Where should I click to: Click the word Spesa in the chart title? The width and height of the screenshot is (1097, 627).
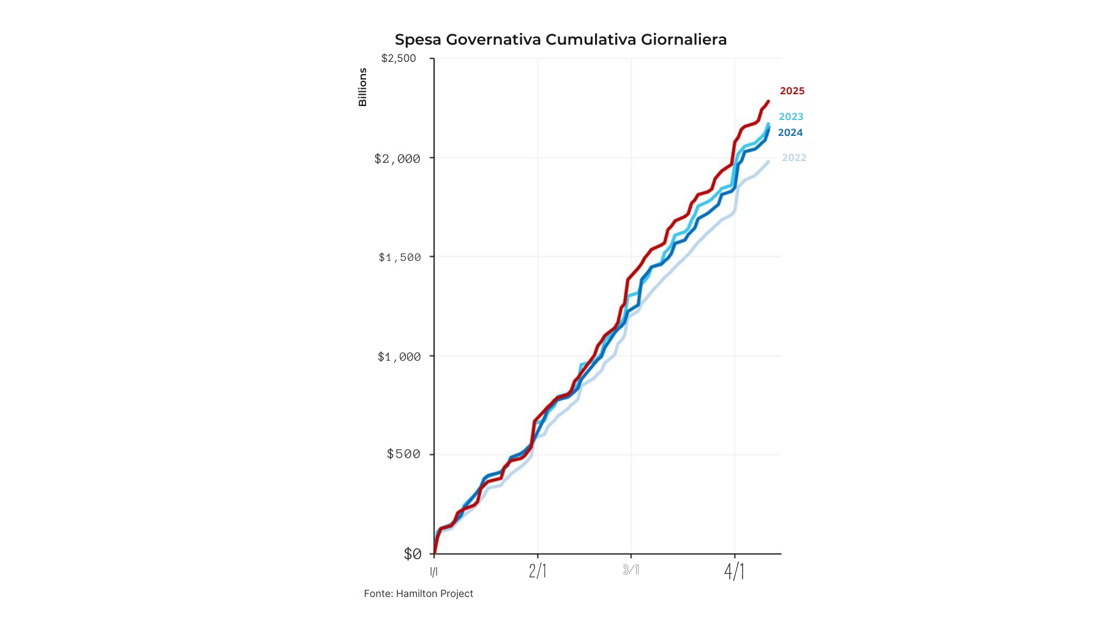click(x=417, y=40)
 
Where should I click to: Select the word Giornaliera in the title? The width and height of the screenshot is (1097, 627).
click(x=684, y=40)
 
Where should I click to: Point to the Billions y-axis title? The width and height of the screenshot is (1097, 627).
click(x=362, y=87)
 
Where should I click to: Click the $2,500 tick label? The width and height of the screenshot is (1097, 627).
click(x=399, y=58)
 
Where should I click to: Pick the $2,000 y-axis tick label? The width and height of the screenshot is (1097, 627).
click(x=397, y=159)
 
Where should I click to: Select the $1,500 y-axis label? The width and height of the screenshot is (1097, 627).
click(x=400, y=257)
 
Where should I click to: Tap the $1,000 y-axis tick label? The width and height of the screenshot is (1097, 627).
click(x=399, y=356)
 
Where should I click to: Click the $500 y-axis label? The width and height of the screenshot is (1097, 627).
click(x=403, y=454)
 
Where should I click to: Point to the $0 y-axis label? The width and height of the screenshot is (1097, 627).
click(x=413, y=554)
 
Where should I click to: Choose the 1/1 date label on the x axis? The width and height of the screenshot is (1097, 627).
click(x=433, y=572)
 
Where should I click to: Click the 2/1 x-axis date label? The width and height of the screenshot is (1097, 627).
click(x=537, y=571)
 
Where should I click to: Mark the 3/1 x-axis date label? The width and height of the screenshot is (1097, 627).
click(x=631, y=570)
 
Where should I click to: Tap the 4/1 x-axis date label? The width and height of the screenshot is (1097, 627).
click(x=734, y=571)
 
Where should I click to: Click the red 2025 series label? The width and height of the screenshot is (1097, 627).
click(x=792, y=91)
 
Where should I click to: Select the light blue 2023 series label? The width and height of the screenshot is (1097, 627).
click(x=791, y=116)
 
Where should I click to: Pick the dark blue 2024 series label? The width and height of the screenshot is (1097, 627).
click(x=790, y=132)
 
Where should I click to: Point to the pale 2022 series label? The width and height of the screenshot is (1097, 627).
click(x=794, y=157)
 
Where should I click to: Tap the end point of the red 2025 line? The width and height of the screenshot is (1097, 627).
click(x=768, y=101)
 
